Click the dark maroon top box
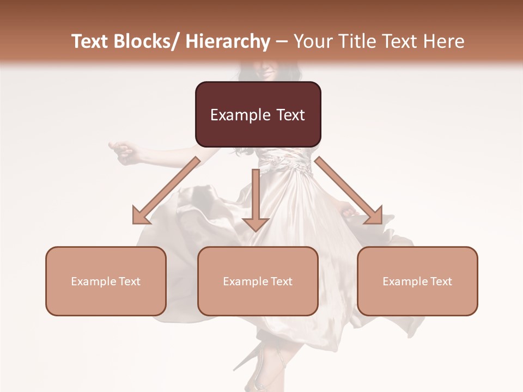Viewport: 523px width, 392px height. coord(258,114)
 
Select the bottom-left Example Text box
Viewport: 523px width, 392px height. coord(106,281)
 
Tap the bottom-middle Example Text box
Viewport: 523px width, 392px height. coord(258,281)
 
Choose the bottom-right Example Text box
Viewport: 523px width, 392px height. coord(417,281)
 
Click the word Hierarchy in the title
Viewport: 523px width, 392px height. coord(227,41)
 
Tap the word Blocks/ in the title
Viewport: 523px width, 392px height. coord(146,41)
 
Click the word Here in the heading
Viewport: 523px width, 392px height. coord(444,41)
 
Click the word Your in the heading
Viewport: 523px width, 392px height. coord(314,41)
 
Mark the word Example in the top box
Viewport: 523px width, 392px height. coord(240,115)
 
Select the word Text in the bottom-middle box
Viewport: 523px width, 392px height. coord(281,281)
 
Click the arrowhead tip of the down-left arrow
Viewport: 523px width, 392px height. coord(135,223)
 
